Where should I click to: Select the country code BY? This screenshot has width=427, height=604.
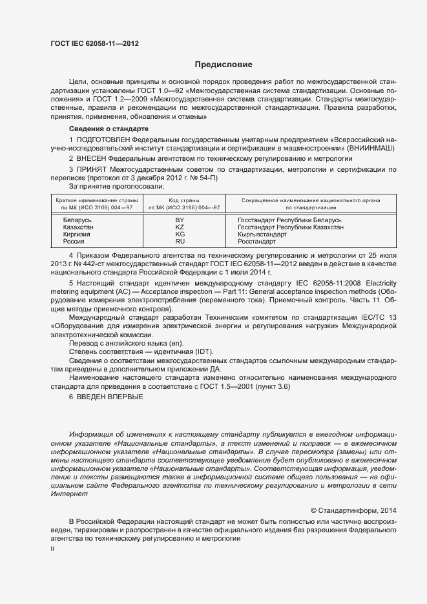pyautogui.click(x=180, y=220)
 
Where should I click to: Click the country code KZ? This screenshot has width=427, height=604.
pyautogui.click(x=180, y=227)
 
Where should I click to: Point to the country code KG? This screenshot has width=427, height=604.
pyautogui.click(x=180, y=234)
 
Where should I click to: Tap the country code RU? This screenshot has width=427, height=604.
pyautogui.click(x=180, y=242)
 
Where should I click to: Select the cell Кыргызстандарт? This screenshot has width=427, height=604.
pyautogui.click(x=262, y=234)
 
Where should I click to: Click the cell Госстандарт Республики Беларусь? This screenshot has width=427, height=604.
pyautogui.click(x=289, y=220)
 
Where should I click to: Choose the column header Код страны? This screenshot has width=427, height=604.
pyautogui.click(x=183, y=201)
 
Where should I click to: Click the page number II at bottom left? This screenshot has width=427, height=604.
pyautogui.click(x=52, y=549)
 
